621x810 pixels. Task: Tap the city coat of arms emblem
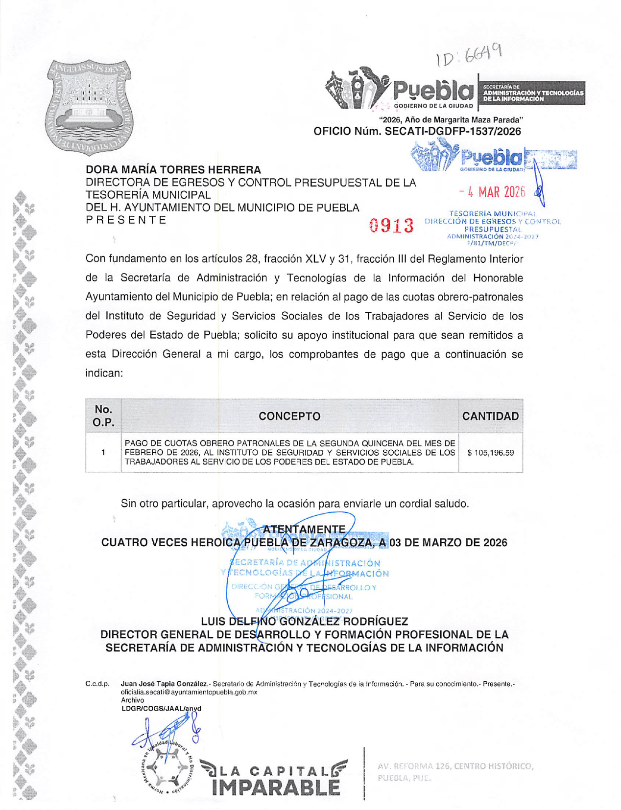(90, 106)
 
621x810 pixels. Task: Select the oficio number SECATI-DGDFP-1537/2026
(417, 131)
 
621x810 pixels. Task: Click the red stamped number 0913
(391, 226)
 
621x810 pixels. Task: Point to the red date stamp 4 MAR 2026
(492, 192)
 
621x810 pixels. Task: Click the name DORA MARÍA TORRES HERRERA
(173, 170)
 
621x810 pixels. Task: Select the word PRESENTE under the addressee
(126, 220)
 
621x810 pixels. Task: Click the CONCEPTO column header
(289, 416)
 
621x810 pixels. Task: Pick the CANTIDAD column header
(490, 416)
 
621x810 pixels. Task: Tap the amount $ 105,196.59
(490, 453)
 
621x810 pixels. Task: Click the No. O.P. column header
(103, 416)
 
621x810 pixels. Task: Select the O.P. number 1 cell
(103, 453)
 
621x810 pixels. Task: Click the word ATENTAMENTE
(304, 529)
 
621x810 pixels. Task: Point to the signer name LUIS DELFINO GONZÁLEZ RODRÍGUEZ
(304, 622)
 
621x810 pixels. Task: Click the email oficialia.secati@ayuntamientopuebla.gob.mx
(189, 692)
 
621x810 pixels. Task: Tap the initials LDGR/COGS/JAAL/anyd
(161, 708)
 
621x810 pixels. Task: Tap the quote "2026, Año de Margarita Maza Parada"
(451, 119)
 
